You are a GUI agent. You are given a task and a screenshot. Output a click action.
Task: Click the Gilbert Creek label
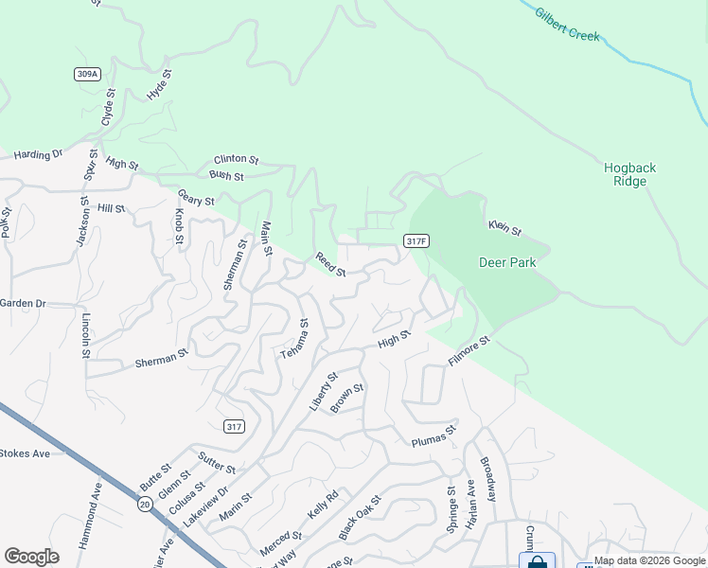pos(568,25)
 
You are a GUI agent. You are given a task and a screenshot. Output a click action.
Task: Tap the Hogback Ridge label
pos(629,174)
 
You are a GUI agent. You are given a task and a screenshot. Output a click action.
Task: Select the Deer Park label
pos(507,262)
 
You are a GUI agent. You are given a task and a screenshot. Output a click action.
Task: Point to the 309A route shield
pos(86,74)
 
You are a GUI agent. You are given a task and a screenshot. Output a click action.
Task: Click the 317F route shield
pos(416,241)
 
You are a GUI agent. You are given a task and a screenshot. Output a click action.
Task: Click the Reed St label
pos(330,264)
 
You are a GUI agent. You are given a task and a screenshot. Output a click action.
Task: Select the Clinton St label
pos(236,159)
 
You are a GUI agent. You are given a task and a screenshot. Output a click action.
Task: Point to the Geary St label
pos(196,197)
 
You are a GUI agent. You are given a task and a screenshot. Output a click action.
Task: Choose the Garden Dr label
pos(23,303)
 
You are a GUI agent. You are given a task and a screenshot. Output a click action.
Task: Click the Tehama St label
pos(293,338)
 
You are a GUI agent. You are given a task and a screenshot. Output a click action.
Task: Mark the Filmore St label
pos(469,350)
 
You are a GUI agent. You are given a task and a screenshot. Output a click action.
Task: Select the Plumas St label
pos(434,435)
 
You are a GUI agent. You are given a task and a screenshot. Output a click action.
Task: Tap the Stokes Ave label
pos(25,453)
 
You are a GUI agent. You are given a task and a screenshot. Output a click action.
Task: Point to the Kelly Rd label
pos(323,508)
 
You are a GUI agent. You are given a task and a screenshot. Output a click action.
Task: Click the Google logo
pos(31,557)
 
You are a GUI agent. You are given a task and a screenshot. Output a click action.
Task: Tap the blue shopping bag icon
pos(537,560)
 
